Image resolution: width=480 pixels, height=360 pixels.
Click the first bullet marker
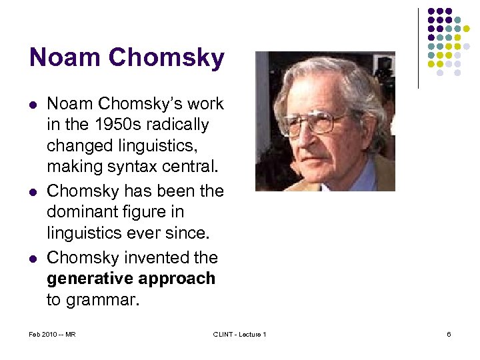click(x=33, y=104)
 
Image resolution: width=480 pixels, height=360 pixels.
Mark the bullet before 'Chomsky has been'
click(x=33, y=191)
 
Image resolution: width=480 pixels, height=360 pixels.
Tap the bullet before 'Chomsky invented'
click(x=33, y=257)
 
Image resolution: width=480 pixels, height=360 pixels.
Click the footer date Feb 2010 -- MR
click(x=52, y=334)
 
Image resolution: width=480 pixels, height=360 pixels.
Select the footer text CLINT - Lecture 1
click(x=239, y=334)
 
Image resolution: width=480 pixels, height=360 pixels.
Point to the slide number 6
click(x=449, y=334)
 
